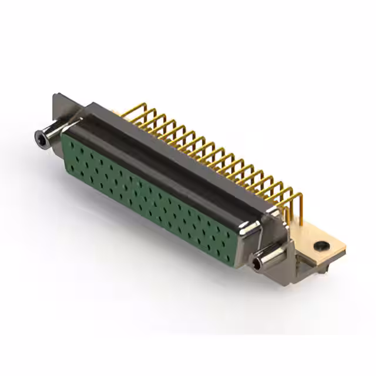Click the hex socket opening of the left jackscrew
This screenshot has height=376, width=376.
coord(41,139)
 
